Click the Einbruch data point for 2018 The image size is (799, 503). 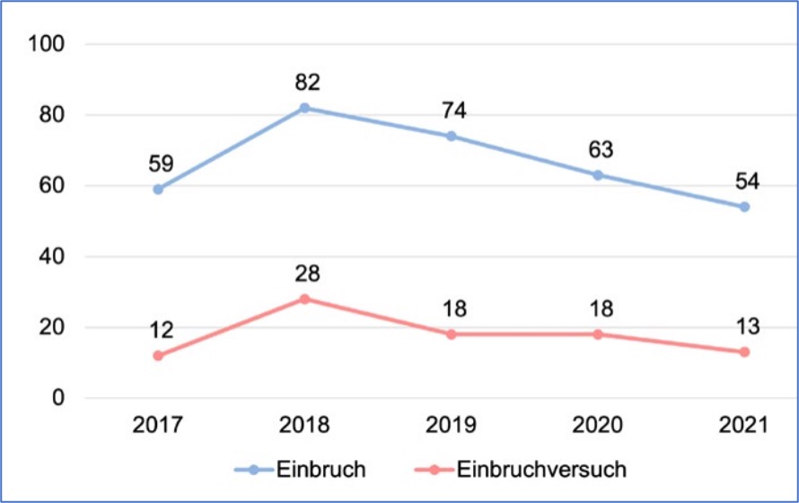(304, 108)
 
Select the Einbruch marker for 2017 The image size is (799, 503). (158, 190)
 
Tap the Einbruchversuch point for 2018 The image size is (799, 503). (304, 299)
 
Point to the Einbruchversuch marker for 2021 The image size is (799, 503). (744, 352)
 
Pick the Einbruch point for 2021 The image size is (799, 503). (744, 207)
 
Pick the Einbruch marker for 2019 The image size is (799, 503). (452, 137)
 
